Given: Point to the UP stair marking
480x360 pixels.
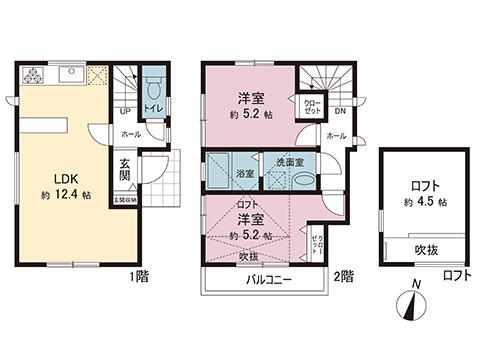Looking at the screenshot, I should coord(124,111).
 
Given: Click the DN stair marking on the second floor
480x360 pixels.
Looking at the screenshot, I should coord(339,111).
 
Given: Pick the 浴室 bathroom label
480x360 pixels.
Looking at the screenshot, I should coord(244,174).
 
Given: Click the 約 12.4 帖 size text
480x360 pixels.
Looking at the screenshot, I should coord(66,198).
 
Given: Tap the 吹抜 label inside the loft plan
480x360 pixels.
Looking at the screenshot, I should coord(426,250).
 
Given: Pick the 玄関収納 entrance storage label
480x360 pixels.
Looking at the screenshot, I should coord(125,201).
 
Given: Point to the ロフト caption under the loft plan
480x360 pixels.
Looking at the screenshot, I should coord(456,274).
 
